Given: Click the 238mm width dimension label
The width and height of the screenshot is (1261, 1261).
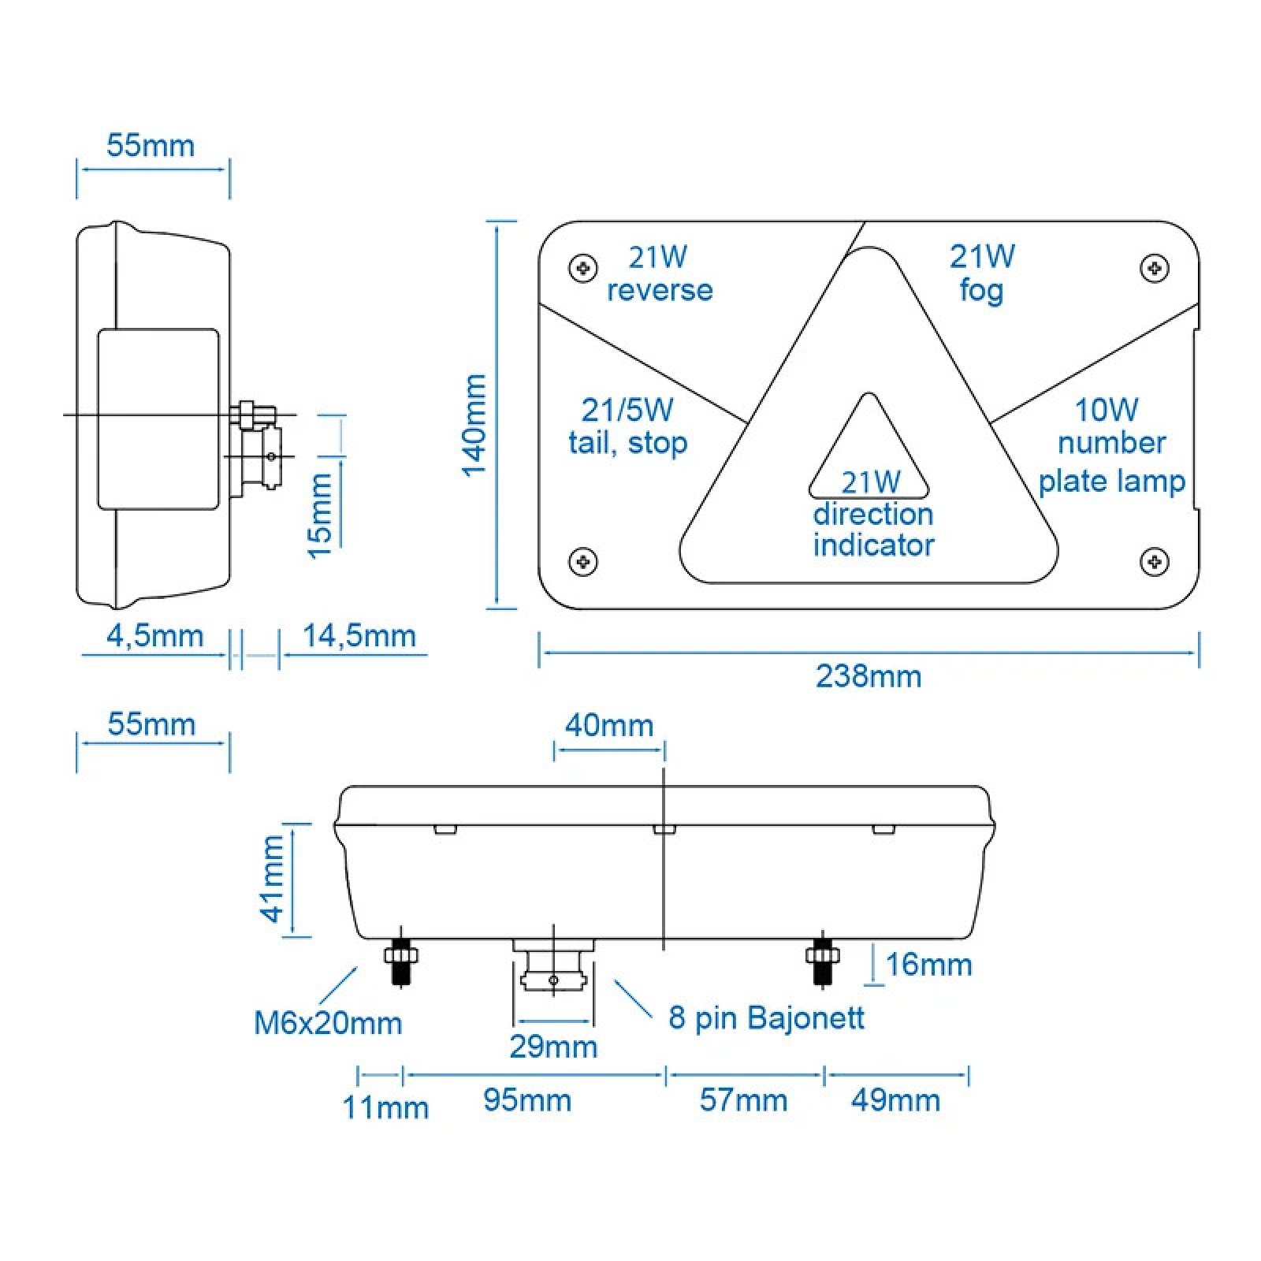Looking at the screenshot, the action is (x=869, y=677).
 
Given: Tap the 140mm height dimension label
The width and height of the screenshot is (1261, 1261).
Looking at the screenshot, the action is (x=474, y=425).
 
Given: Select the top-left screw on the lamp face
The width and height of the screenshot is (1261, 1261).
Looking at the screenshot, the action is (x=583, y=268).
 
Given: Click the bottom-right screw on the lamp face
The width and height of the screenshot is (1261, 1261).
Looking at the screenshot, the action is (x=1155, y=561).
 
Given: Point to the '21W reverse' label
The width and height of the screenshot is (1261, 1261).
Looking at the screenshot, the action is (x=660, y=273).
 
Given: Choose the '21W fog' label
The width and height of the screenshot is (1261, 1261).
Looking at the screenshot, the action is (x=982, y=273).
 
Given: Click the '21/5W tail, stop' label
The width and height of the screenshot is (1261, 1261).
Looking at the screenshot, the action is (x=628, y=426).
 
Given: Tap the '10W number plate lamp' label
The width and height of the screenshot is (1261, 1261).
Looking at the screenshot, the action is (x=1111, y=446).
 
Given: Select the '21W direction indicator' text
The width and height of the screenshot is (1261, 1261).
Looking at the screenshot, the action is (x=873, y=514).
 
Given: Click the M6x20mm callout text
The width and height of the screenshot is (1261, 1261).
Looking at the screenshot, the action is (x=328, y=1023).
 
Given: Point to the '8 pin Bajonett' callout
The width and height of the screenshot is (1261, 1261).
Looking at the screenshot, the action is (x=766, y=1017).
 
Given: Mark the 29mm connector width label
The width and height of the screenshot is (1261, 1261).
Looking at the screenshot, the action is (x=553, y=1047).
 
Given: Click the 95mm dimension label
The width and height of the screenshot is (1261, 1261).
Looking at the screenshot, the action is (x=527, y=1100).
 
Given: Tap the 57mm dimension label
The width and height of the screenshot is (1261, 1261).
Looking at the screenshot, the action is (x=743, y=1100).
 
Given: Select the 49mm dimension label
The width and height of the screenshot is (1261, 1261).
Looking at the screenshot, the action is (x=895, y=1100).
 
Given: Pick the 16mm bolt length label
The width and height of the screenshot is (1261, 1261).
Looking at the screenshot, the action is (x=928, y=965).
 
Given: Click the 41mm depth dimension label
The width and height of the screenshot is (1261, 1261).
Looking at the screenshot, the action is (x=273, y=879).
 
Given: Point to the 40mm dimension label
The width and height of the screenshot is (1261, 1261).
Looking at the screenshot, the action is (x=609, y=725).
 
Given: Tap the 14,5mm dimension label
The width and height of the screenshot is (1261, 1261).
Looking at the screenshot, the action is (x=359, y=636).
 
